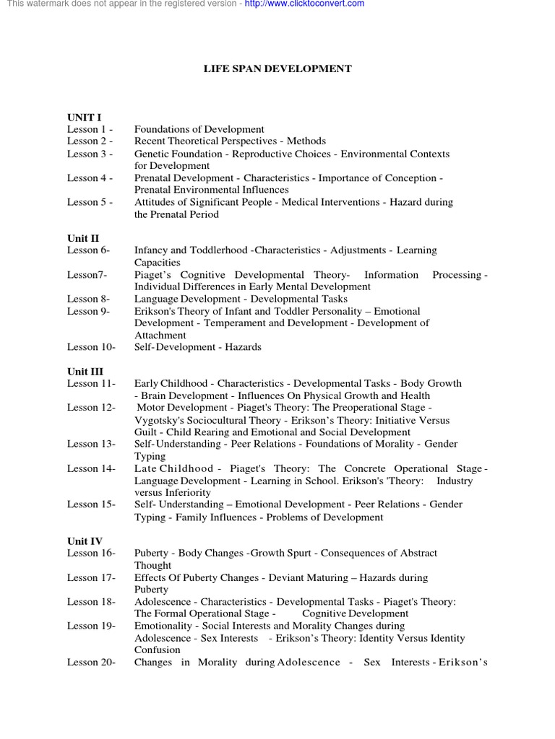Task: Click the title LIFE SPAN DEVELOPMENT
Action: (277, 69)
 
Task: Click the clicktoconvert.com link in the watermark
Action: (304, 4)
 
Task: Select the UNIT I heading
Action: (85, 117)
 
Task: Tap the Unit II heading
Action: (84, 238)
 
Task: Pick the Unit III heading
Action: (85, 371)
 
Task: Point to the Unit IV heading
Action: (85, 541)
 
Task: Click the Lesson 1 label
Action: (90, 129)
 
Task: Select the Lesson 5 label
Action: (90, 202)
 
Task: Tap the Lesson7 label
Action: (87, 275)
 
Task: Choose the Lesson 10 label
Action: (92, 347)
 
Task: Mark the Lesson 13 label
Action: (92, 444)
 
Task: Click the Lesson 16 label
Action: (92, 553)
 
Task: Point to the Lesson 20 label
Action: (92, 662)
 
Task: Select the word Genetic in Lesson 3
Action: (152, 154)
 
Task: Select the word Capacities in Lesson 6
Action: (157, 263)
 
